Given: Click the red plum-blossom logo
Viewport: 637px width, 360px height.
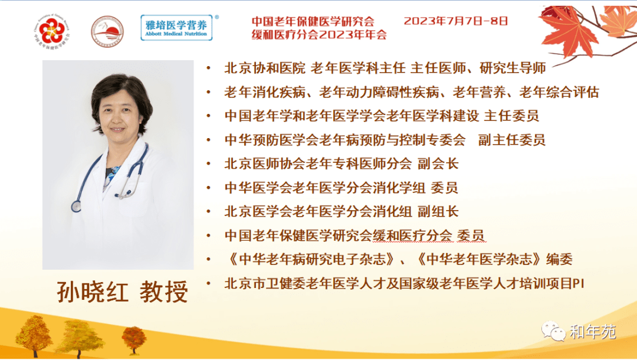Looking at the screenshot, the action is [x=51, y=31].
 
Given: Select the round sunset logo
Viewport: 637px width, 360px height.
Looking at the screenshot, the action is [x=107, y=31].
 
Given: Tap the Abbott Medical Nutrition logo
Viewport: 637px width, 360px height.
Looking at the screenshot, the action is [x=177, y=28].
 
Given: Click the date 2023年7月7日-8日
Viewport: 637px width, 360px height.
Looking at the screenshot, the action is [x=456, y=21].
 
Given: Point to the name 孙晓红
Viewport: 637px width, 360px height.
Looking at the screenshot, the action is [x=93, y=292].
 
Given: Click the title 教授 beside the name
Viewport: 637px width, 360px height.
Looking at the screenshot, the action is [x=164, y=292].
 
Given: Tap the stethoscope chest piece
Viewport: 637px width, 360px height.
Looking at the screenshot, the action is [x=76, y=206].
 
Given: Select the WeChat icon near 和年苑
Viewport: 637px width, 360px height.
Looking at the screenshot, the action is [x=553, y=331].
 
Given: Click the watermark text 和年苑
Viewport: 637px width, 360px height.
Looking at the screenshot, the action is [x=593, y=332].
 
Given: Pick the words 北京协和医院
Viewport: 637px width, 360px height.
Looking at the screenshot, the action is [x=264, y=68].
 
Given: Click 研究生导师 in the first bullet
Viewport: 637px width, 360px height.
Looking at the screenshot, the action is [x=513, y=68].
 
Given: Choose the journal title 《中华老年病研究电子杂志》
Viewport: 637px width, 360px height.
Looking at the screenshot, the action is [x=311, y=259].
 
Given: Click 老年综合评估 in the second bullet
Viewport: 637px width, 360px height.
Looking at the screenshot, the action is [x=559, y=92].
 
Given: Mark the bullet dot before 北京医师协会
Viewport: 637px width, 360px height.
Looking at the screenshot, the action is [x=209, y=163].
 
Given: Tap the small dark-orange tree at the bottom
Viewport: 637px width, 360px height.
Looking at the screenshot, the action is [x=134, y=340].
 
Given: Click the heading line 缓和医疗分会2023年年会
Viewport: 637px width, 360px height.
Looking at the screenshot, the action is [x=319, y=35].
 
